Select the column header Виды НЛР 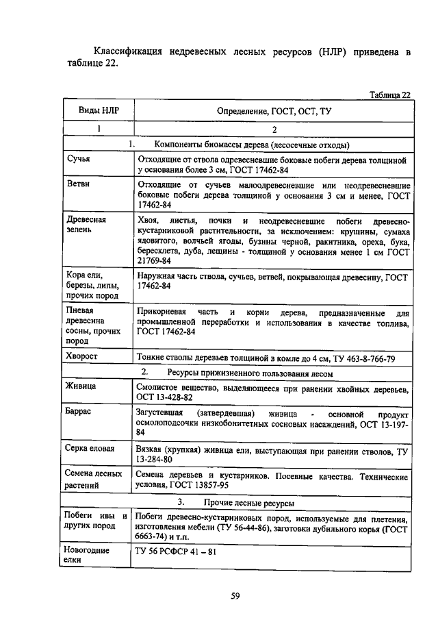pyautogui.click(x=96, y=110)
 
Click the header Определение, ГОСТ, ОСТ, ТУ pyautogui.click(x=274, y=110)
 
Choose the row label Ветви pyautogui.click(x=79, y=184)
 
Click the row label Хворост pyautogui.click(x=83, y=356)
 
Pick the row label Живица pyautogui.click(x=81, y=386)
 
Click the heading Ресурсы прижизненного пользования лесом pyautogui.click(x=250, y=373)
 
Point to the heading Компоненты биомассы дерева pyautogui.click(x=253, y=145)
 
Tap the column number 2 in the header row pyautogui.click(x=274, y=129)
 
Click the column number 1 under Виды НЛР pyautogui.click(x=97, y=129)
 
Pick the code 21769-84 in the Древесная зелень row pyautogui.click(x=154, y=261)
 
